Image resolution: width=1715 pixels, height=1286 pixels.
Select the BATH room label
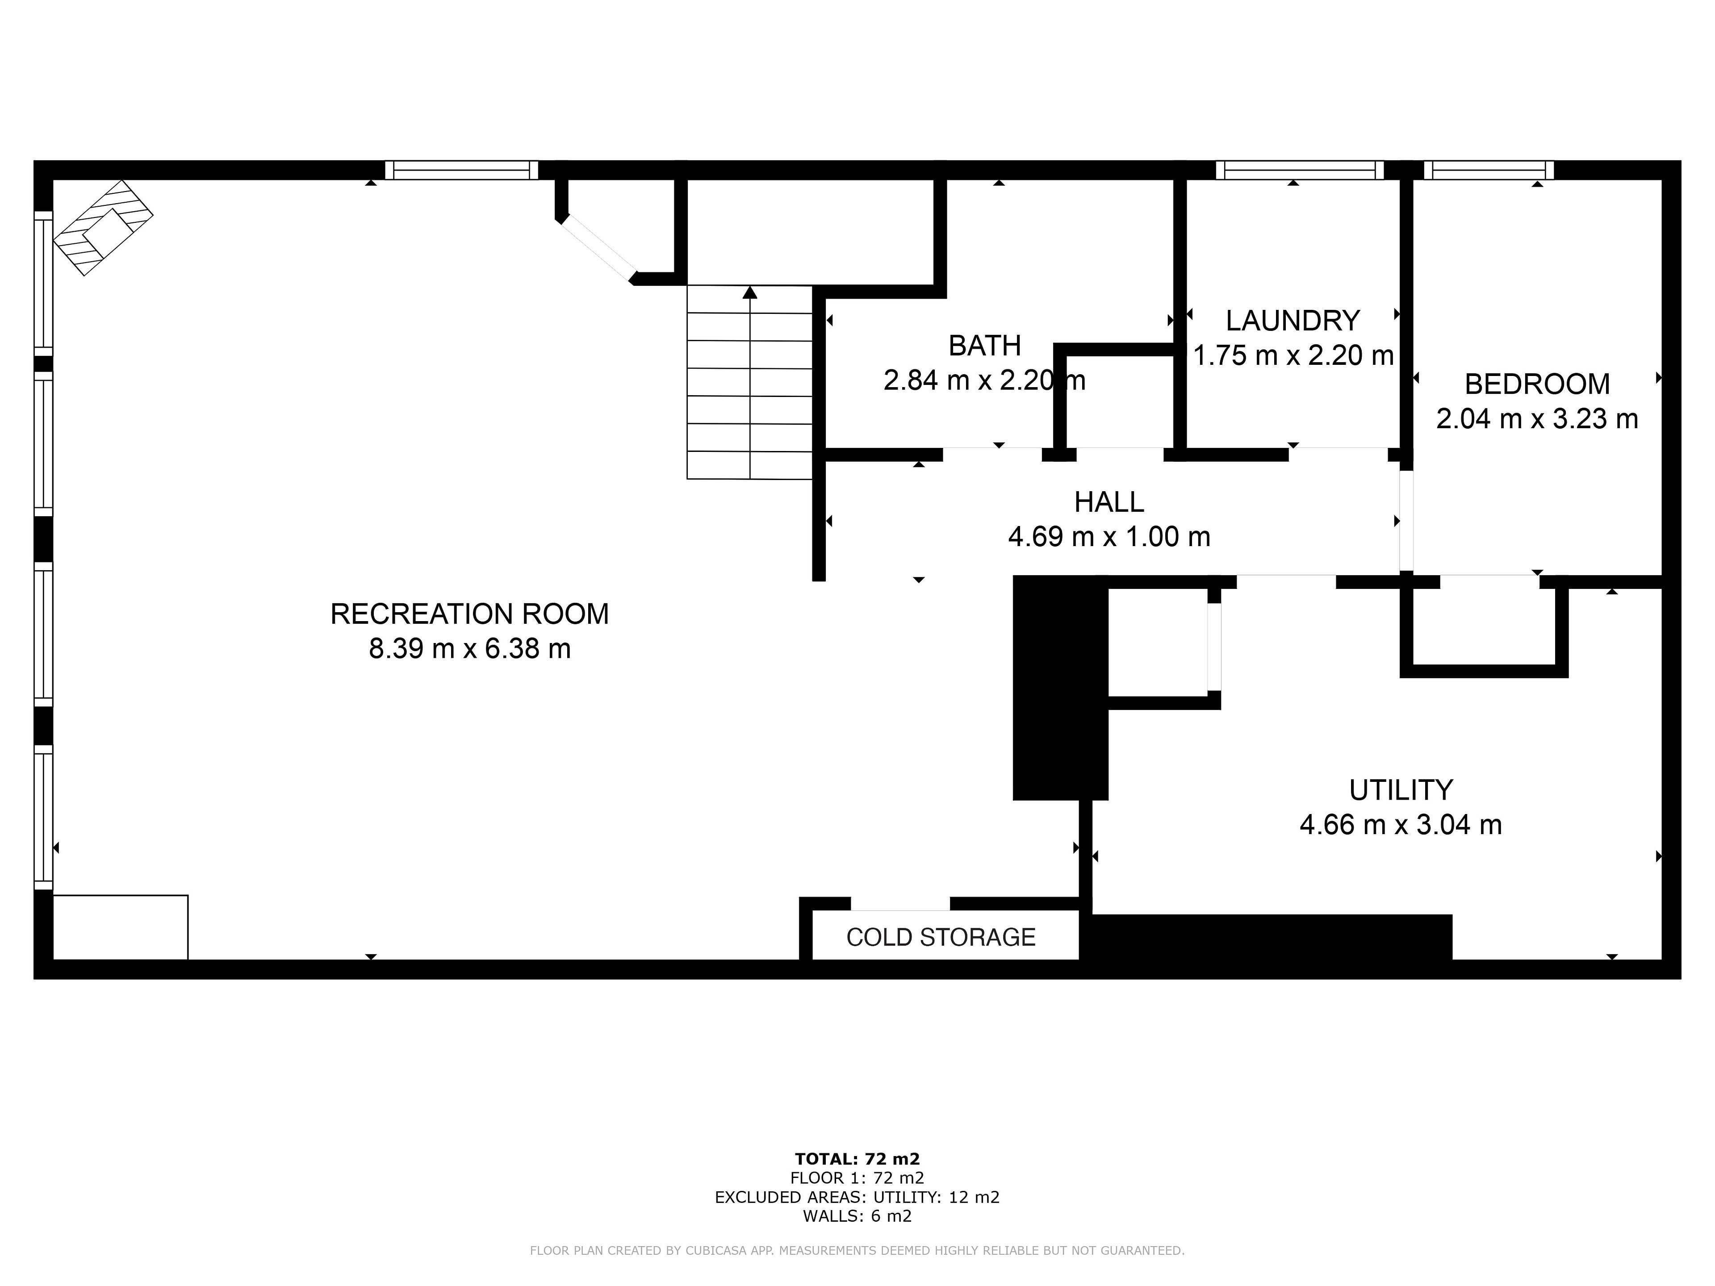tap(985, 346)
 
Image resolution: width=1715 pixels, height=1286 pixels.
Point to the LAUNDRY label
tap(1293, 320)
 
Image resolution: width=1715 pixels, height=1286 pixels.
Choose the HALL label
tap(1108, 502)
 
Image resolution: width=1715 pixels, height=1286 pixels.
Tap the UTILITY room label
tap(1400, 790)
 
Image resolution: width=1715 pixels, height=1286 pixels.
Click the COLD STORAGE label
tap(941, 937)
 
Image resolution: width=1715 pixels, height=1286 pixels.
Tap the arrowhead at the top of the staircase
tap(750, 292)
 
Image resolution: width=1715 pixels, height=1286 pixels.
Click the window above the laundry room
tap(1300, 170)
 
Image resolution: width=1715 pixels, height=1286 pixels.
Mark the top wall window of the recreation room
tap(461, 170)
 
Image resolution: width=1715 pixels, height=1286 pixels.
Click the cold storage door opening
tap(900, 904)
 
